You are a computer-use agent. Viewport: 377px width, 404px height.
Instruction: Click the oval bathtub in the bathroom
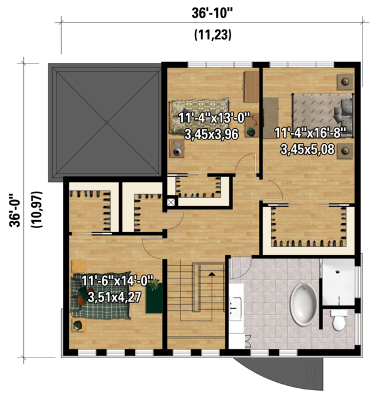(x=305, y=305)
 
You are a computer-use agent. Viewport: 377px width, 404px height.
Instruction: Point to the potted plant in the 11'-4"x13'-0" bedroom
(x=251, y=131)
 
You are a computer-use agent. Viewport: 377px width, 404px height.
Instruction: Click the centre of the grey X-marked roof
(x=106, y=123)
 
